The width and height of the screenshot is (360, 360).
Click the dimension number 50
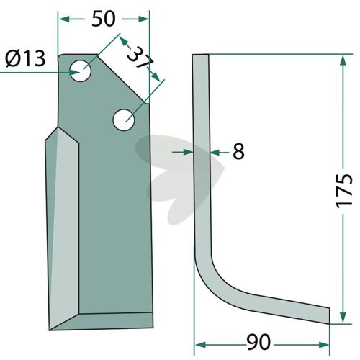point(104,19)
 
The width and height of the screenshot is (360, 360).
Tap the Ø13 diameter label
point(25,59)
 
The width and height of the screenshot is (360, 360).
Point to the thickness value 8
point(238,151)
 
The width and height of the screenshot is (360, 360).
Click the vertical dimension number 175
point(344,191)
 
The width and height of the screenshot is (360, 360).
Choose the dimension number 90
point(258,342)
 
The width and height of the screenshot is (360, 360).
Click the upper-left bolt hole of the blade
point(80,71)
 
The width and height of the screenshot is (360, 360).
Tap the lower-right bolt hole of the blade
point(124,120)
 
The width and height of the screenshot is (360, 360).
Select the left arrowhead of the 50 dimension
point(64,19)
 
